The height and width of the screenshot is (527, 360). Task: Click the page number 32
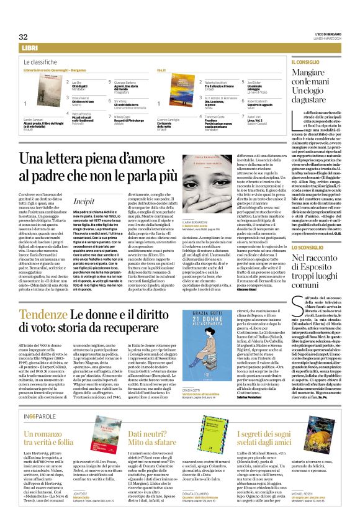click(x=24, y=37)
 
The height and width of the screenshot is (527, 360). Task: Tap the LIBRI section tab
click(x=30, y=48)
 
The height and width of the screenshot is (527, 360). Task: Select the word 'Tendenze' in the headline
click(x=47, y=315)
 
